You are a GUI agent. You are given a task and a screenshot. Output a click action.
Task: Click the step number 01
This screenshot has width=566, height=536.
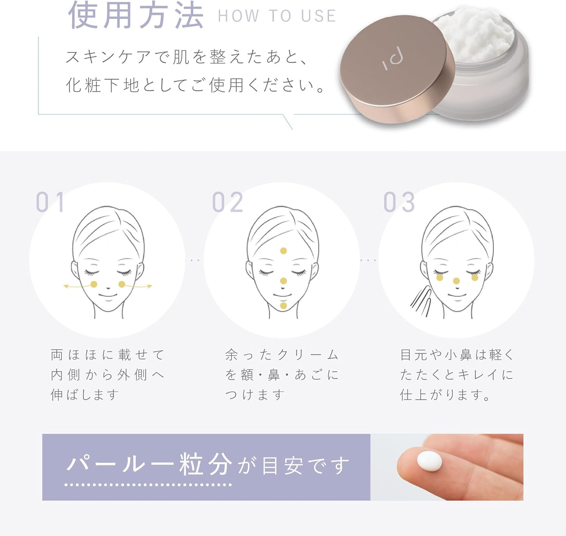point(50,202)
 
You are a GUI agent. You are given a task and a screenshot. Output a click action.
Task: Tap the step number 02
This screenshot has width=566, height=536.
point(227,202)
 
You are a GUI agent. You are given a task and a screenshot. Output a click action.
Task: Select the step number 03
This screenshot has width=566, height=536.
point(399,202)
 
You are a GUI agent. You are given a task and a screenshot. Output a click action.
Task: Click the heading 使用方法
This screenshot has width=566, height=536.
point(136,16)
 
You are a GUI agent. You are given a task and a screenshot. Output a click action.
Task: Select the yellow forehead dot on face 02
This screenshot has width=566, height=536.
point(283,251)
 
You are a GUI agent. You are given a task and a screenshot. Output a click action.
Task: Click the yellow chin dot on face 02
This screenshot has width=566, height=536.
point(283,305)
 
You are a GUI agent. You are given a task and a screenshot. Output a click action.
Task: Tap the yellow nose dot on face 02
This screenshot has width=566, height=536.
point(283,281)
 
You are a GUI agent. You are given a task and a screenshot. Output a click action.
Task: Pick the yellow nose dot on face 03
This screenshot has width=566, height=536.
point(456,281)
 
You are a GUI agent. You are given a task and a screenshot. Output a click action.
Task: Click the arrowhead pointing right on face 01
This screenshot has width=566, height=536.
point(150,287)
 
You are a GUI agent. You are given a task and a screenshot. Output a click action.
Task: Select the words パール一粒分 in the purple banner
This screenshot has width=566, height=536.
point(149,465)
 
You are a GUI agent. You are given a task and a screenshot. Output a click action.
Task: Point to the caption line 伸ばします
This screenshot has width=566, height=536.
point(85,395)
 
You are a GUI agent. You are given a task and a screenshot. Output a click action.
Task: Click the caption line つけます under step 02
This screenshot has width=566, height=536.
point(255,395)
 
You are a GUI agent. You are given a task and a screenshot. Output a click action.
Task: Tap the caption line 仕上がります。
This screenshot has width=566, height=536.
point(445,395)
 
